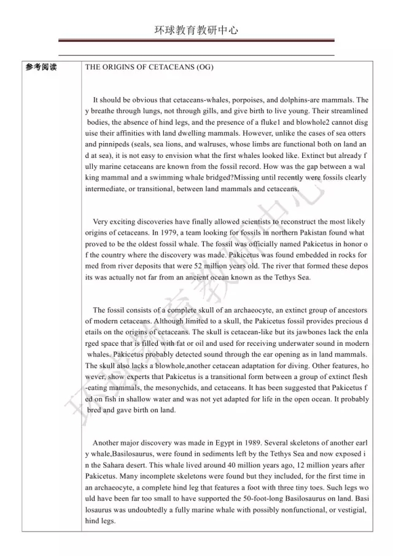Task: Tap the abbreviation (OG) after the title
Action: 203,67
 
